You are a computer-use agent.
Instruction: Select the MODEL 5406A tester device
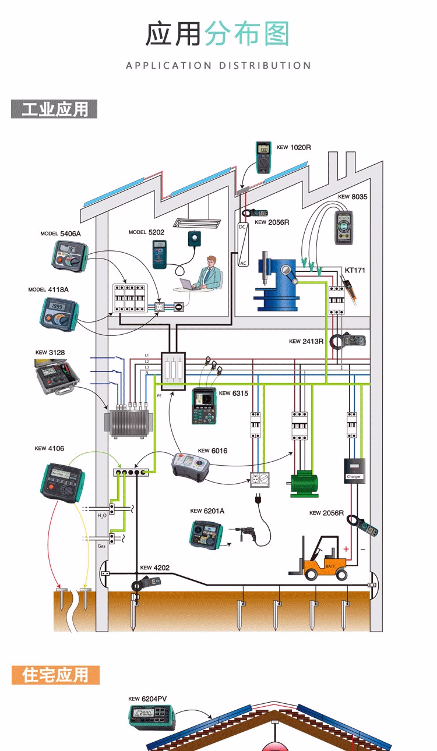pyautogui.click(x=68, y=257)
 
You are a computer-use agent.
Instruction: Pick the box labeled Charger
pyautogui.click(x=354, y=469)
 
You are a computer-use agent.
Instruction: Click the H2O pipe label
pyautogui.click(x=102, y=516)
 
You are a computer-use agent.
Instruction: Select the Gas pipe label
pyautogui.click(x=101, y=546)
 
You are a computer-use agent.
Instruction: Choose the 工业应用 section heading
pyautogui.click(x=54, y=109)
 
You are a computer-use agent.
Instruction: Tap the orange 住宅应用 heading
pyautogui.click(x=55, y=675)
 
